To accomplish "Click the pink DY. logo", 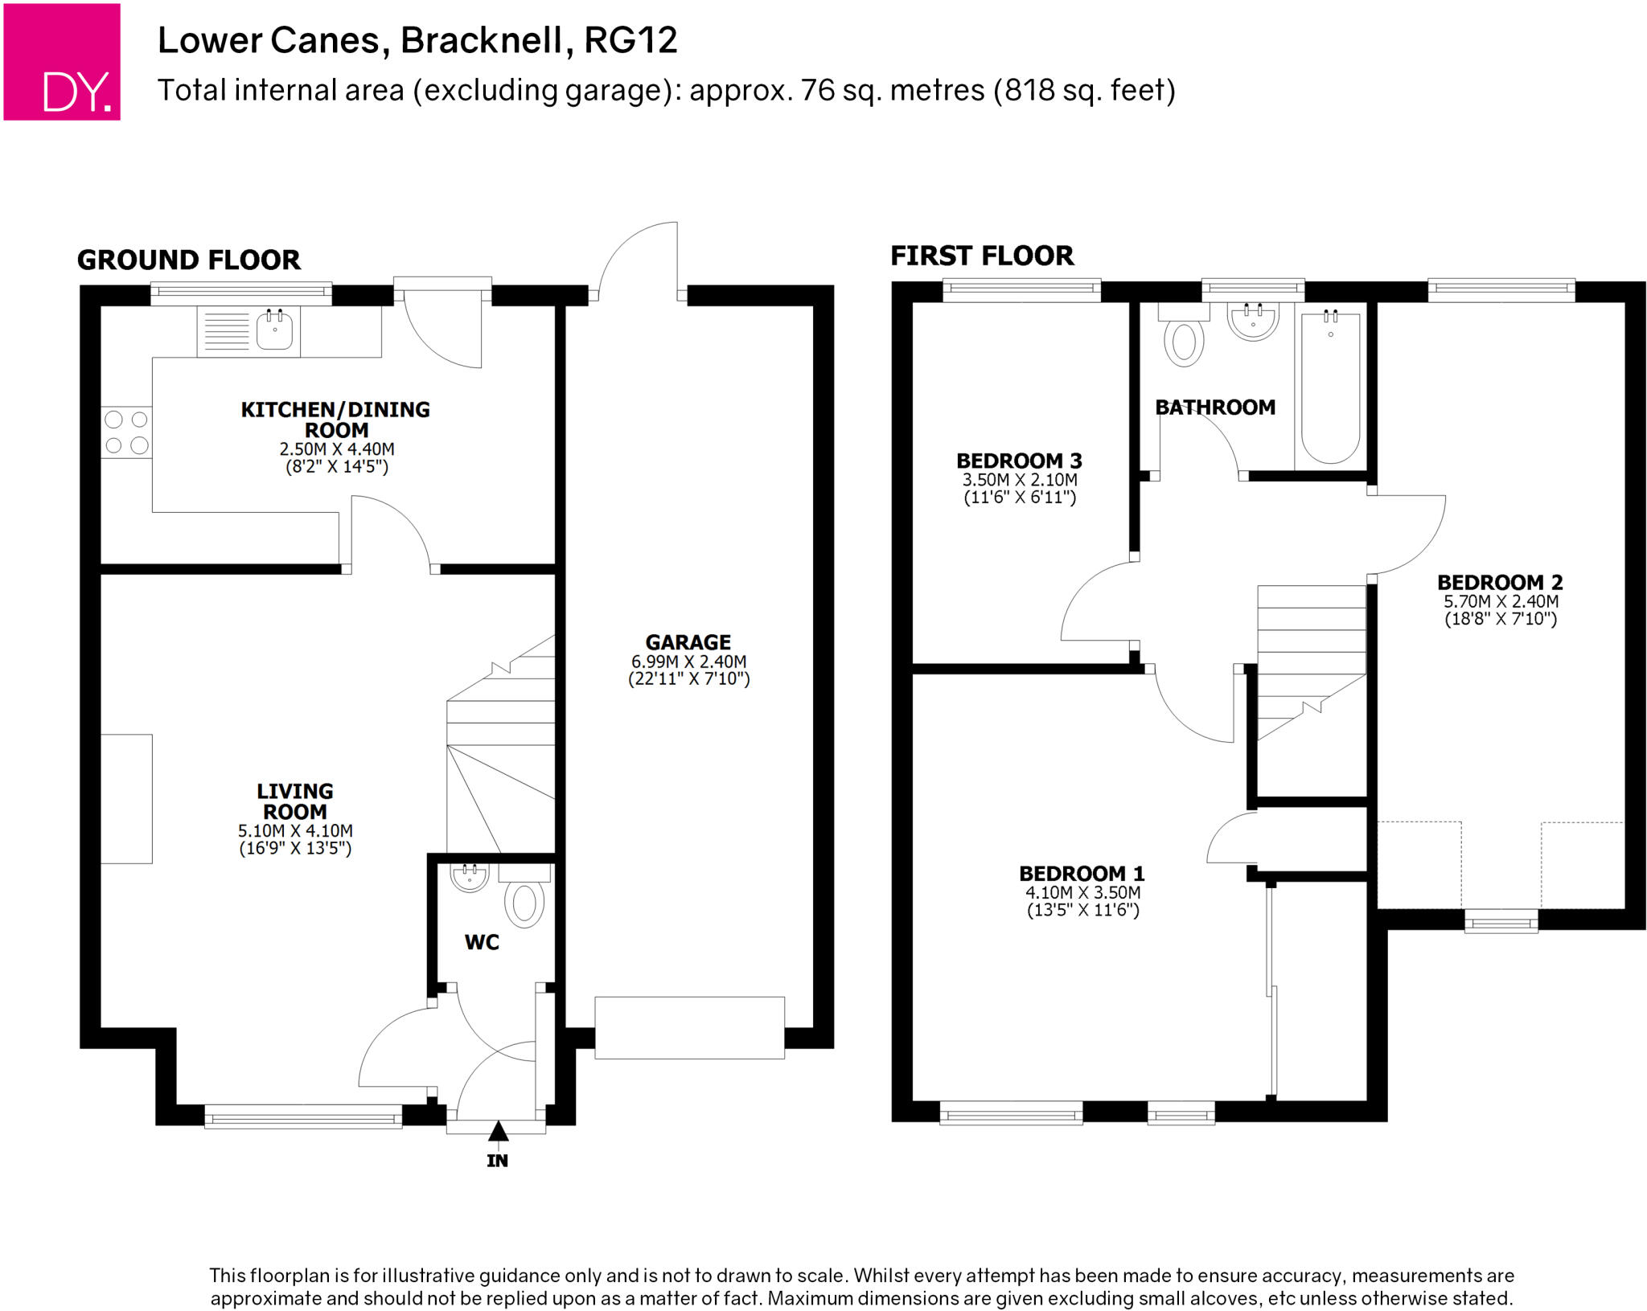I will (62, 62).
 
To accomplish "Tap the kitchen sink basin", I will (274, 330).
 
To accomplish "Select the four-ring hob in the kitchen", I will (127, 432).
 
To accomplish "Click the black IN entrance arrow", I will (498, 1131).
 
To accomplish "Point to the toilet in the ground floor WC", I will (524, 903).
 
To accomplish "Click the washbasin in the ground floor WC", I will (470, 877).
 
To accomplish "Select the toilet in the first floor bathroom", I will (1184, 339).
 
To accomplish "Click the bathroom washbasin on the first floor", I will (1253, 321).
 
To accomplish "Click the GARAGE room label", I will (688, 642).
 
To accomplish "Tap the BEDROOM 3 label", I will (1019, 461).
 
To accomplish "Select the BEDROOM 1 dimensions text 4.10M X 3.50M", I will (1082, 892).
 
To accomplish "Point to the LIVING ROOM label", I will (295, 801).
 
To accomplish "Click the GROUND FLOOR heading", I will (189, 260).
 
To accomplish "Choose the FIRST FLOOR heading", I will (982, 256).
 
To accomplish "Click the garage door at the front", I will (689, 1027).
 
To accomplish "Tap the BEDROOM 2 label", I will (1500, 582).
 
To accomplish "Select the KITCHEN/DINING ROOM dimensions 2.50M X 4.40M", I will (337, 449).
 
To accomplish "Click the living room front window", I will (303, 1116).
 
